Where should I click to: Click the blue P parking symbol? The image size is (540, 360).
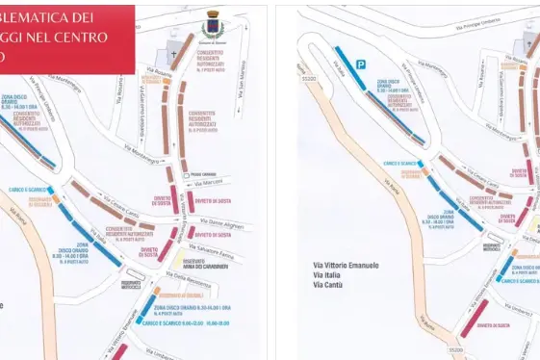tap(361, 64)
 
